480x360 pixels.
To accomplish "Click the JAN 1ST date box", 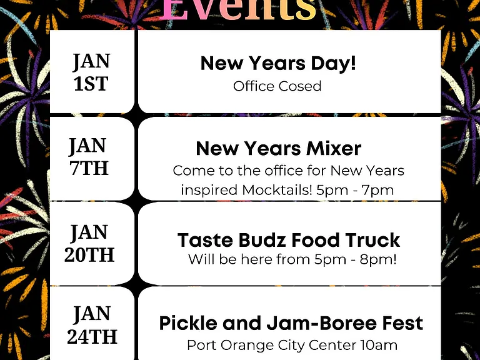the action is pyautogui.click(x=92, y=72).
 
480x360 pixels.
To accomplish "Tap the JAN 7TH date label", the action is pyautogui.click(x=89, y=156).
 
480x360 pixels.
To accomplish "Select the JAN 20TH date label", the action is pyautogui.click(x=89, y=243).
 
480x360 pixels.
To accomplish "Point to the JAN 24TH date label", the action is pyautogui.click(x=92, y=325).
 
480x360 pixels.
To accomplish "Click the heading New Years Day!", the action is pyautogui.click(x=278, y=63).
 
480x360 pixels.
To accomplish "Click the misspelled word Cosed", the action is pyautogui.click(x=300, y=86).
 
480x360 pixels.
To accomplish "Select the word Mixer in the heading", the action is pyautogui.click(x=334, y=149).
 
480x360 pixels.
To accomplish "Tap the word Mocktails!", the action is pyautogui.click(x=277, y=190).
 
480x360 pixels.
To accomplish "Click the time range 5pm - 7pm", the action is pyautogui.click(x=355, y=190).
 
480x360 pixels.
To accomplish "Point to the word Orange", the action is pyautogui.click(x=247, y=346).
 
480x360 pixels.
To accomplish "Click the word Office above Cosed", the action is pyautogui.click(x=254, y=86).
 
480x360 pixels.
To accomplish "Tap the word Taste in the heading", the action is pyautogui.click(x=205, y=240).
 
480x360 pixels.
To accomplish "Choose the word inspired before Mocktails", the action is pyautogui.click(x=209, y=191).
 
